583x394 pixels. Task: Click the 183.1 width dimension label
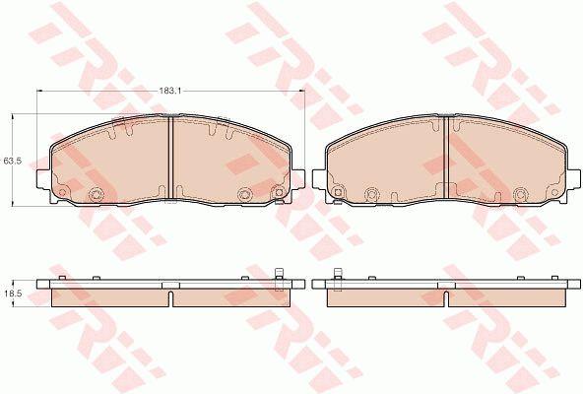point(170,91)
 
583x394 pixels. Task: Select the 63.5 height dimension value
point(12,162)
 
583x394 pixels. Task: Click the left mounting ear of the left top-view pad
point(43,178)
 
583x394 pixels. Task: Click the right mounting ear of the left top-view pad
point(297,178)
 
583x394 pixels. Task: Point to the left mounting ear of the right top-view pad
point(319,178)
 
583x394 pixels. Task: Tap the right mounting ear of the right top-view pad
point(573,178)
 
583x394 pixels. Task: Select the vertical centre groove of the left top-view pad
point(171,158)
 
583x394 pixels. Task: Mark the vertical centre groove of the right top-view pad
point(446,158)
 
